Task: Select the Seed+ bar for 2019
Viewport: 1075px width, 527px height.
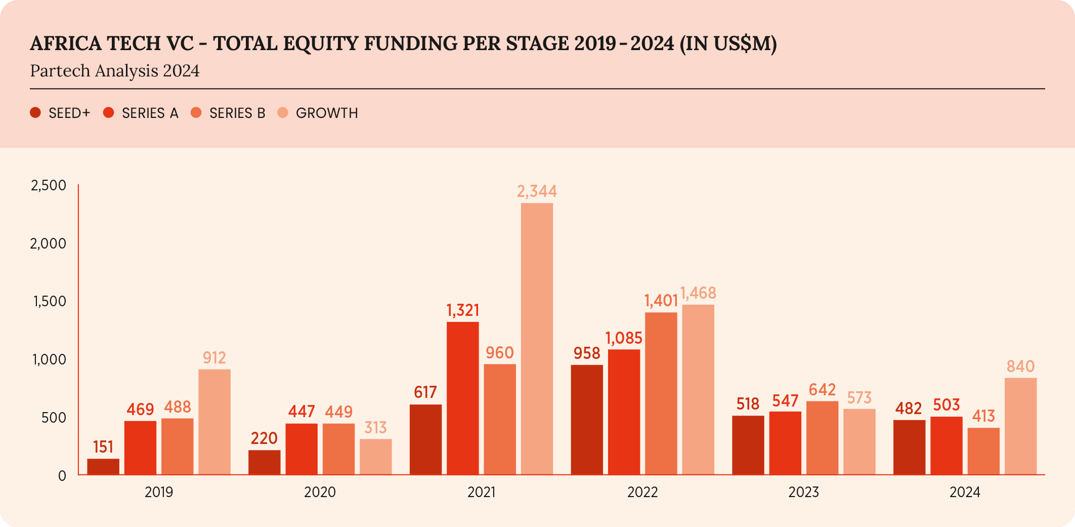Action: click(103, 466)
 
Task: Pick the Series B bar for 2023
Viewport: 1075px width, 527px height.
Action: click(822, 437)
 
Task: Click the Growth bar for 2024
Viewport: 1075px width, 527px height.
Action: click(1020, 426)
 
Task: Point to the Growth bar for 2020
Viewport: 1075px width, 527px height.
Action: click(375, 456)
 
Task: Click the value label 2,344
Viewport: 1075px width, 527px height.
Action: click(537, 191)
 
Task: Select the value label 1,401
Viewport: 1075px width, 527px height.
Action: click(661, 301)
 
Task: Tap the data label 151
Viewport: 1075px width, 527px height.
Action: click(103, 447)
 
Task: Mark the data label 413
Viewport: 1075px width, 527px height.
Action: click(983, 416)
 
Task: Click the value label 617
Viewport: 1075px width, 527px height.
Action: click(425, 392)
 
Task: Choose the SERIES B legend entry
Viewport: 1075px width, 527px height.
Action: click(228, 113)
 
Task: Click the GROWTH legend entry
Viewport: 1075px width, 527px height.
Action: click(318, 113)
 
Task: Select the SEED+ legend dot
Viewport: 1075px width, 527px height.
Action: click(35, 113)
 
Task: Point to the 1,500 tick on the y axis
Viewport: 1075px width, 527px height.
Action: click(50, 302)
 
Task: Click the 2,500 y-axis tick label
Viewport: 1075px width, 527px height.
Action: click(49, 185)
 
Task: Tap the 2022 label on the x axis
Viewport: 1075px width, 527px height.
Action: click(642, 492)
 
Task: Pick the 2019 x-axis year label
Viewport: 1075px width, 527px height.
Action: click(159, 492)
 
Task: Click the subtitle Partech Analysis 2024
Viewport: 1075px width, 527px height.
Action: click(115, 71)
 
